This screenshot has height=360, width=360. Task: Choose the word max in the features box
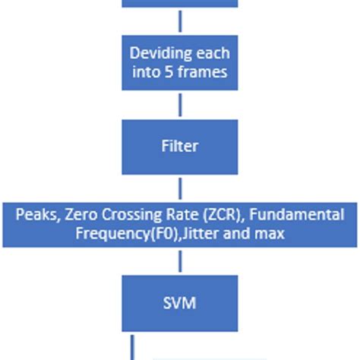(272, 234)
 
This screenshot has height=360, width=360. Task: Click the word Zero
(81, 216)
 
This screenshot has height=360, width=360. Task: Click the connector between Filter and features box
(179, 188)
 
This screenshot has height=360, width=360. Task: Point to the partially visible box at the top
(179, 4)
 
